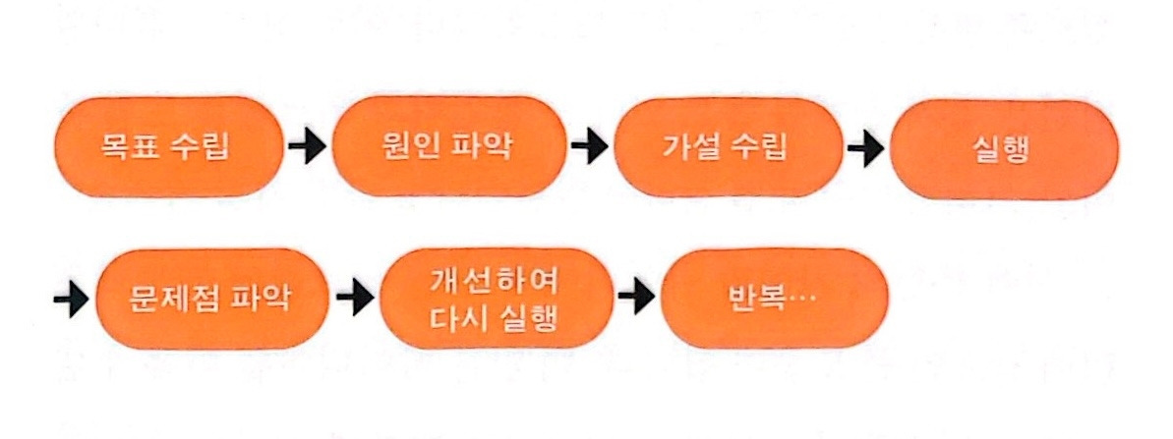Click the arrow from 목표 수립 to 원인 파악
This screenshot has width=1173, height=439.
pos(307,148)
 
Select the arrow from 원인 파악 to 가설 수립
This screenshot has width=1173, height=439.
pos(590,148)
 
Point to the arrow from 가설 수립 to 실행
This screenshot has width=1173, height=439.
pos(866,149)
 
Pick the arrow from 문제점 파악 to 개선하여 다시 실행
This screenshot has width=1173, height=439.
pos(354,297)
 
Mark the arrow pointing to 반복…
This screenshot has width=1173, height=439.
pos(636,297)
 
